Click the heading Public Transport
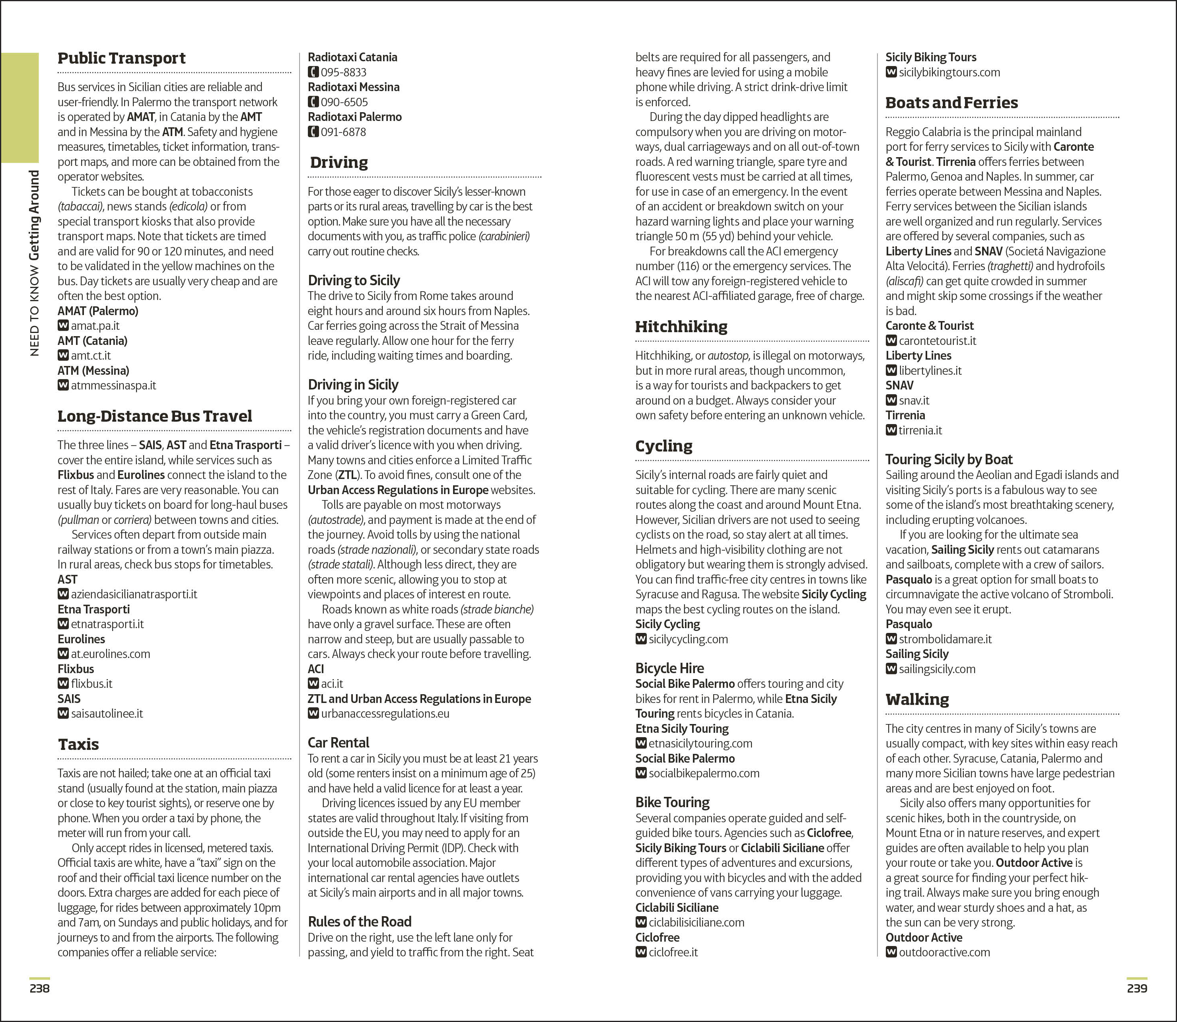tap(121, 58)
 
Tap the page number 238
tap(39, 988)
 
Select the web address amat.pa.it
tap(95, 326)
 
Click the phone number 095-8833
tap(343, 72)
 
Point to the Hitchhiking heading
tap(681, 327)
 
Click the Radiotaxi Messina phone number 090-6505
tap(344, 102)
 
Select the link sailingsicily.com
tap(937, 669)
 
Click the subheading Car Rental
tap(338, 743)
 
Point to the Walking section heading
tap(917, 699)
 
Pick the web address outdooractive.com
tap(944, 952)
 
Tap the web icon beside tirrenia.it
tap(891, 430)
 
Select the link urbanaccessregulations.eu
tap(385, 713)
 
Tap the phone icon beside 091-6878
tap(313, 132)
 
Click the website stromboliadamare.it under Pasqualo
tap(945, 639)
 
